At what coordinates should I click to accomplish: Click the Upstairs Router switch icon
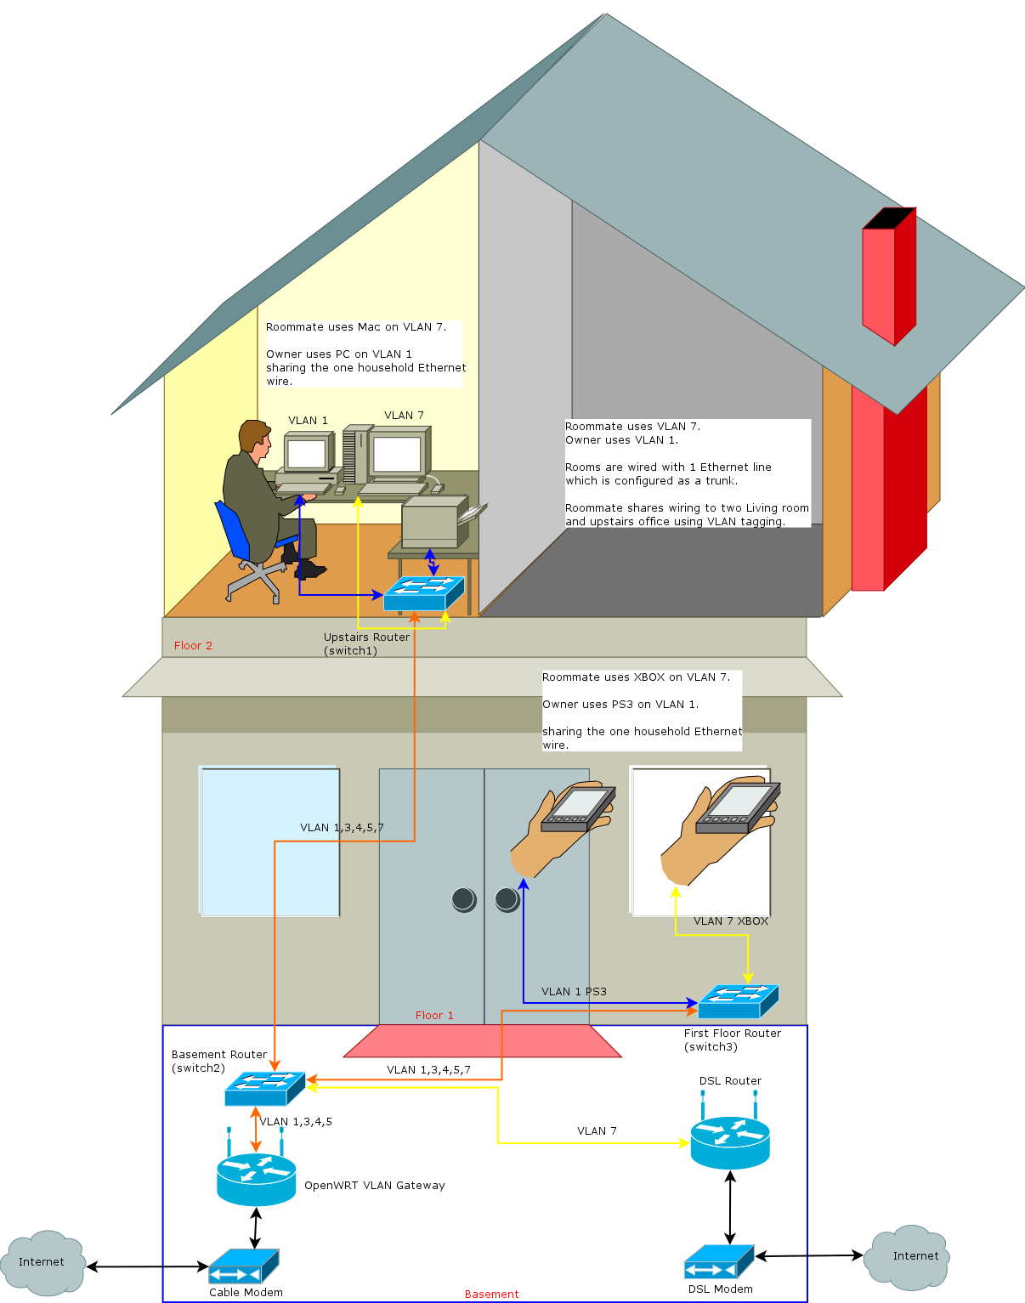(423, 593)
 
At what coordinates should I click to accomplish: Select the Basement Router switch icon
(264, 1089)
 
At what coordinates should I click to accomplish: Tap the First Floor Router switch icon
(738, 1001)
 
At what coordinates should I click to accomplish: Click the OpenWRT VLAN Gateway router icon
(256, 1180)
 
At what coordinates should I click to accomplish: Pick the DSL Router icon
(730, 1142)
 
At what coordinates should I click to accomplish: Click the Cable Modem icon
(244, 1266)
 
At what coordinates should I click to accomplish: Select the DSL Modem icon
(719, 1262)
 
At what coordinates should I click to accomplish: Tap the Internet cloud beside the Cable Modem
(43, 1263)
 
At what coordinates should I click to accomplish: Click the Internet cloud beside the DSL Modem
(907, 1257)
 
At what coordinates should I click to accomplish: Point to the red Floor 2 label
(193, 646)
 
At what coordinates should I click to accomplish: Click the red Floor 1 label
(434, 1016)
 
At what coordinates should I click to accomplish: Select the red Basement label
(491, 1295)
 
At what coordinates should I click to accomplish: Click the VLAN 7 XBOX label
(730, 921)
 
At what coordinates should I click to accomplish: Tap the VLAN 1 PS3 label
(574, 992)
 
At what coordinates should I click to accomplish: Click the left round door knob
(464, 898)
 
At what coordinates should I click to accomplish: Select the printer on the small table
(435, 522)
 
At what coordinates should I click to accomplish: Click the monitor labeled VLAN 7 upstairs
(397, 455)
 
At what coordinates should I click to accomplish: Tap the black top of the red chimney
(889, 218)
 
